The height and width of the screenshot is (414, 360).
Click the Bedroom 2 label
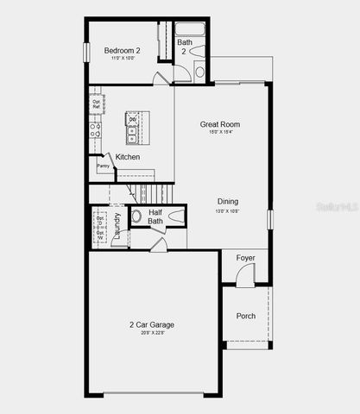pyautogui.click(x=123, y=51)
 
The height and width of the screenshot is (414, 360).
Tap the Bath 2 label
pyautogui.click(x=185, y=47)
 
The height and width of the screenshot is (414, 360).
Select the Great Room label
pyautogui.click(x=220, y=124)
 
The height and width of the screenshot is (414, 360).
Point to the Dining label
pyautogui.click(x=228, y=202)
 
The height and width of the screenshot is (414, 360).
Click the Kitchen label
pyautogui.click(x=128, y=157)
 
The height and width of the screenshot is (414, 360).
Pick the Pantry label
pyautogui.click(x=103, y=166)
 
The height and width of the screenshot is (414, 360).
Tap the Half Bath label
pyautogui.click(x=156, y=216)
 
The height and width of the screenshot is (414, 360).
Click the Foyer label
pyautogui.click(x=246, y=257)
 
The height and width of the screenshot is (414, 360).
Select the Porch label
pyautogui.click(x=246, y=316)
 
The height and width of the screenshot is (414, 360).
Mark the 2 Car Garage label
pyautogui.click(x=152, y=324)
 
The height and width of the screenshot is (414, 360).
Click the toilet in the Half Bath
pyautogui.click(x=136, y=216)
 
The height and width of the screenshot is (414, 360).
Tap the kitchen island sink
pyautogui.click(x=131, y=135)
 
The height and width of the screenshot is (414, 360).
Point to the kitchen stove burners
pyautogui.click(x=96, y=130)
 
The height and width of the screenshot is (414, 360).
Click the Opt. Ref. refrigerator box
pyautogui.click(x=98, y=104)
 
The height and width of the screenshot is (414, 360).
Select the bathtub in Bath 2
pyautogui.click(x=191, y=29)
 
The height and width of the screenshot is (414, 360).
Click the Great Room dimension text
pyautogui.click(x=219, y=133)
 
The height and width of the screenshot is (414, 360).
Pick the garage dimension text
pyautogui.click(x=152, y=333)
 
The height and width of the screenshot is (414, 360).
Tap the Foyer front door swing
pyautogui.click(x=244, y=276)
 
